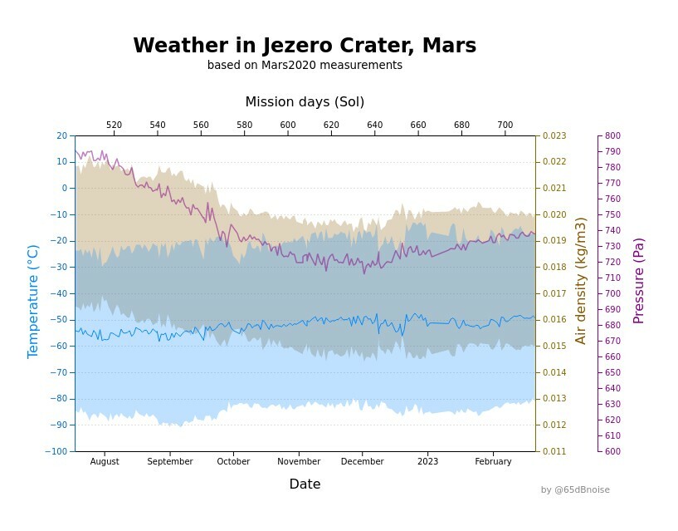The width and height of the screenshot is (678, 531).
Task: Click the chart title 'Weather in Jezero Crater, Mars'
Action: point(305,46)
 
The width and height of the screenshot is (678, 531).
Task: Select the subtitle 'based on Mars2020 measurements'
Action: point(305,66)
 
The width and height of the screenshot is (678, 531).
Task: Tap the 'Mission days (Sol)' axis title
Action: point(305,102)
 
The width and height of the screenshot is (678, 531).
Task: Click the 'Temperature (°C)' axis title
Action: point(33,301)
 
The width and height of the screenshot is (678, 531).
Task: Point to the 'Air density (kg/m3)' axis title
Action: point(581,281)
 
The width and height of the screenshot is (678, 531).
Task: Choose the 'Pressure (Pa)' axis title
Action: point(638,281)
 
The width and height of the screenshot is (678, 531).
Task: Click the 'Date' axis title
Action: point(305,484)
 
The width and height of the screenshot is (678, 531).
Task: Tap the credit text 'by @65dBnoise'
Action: point(575,490)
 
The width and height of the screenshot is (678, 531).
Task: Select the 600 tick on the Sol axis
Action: point(288,125)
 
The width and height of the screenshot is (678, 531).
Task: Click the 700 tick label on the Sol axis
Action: point(505,125)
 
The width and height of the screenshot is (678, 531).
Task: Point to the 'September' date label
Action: point(169,462)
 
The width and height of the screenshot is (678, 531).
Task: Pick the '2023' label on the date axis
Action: point(427,462)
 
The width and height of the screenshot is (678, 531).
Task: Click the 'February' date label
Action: point(493,462)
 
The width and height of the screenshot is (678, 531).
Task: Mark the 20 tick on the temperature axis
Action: point(62,135)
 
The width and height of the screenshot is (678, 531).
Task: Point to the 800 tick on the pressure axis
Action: point(612,135)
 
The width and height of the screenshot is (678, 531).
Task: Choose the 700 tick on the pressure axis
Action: point(612,293)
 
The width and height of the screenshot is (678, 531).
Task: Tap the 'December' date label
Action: point(363,462)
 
